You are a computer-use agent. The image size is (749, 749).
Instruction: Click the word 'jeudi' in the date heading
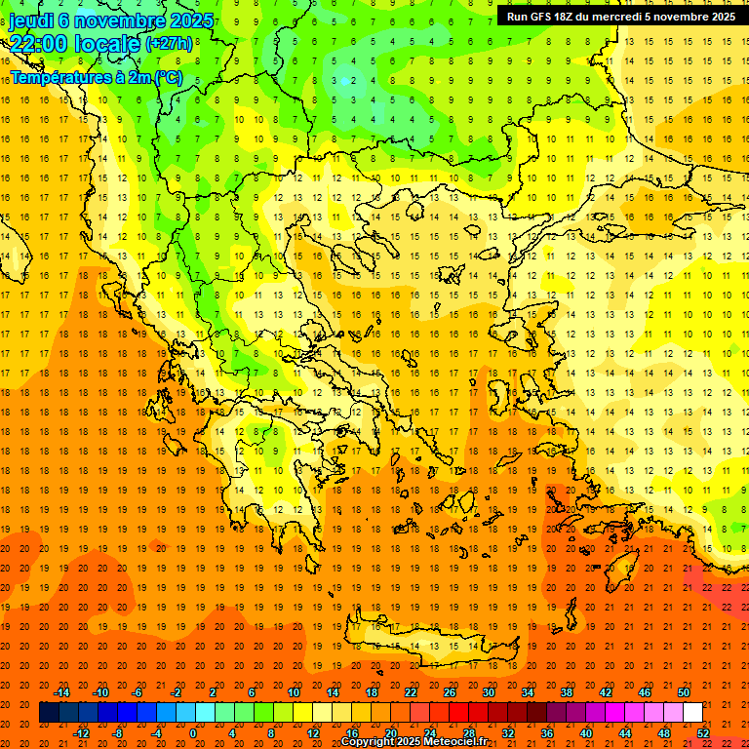pos(31,20)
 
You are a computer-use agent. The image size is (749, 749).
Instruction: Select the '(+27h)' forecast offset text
pos(169,44)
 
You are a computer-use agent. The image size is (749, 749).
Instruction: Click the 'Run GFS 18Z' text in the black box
pos(547,17)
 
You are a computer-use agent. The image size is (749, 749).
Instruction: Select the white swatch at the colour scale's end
pos(692,713)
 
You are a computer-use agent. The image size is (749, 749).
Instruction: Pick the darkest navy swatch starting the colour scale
pos(49,713)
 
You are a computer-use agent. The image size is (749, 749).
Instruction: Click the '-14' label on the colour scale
pos(61,692)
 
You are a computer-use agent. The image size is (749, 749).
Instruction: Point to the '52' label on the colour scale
pos(703,733)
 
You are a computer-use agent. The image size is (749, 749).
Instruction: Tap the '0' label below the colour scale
pos(193,733)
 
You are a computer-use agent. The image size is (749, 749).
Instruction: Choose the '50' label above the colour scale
pos(684,692)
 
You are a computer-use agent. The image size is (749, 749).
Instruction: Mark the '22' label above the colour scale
pos(411,692)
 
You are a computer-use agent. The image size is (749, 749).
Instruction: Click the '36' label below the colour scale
pos(547,733)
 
